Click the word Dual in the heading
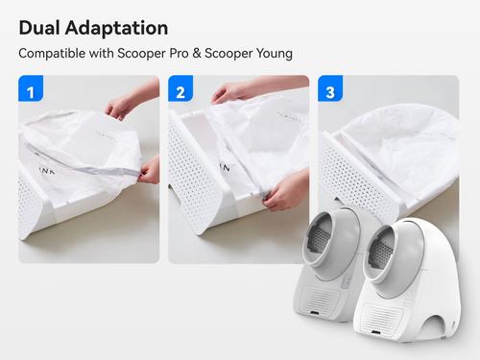coord(39,28)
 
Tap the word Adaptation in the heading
coord(116,28)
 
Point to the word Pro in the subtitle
coord(179,53)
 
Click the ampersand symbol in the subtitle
coord(197,54)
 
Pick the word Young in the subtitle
coord(275,54)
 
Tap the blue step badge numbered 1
coord(31,88)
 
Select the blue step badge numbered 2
coord(180,88)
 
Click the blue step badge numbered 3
coord(330,88)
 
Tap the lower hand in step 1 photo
coord(149,171)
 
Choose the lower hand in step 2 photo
coord(285,190)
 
